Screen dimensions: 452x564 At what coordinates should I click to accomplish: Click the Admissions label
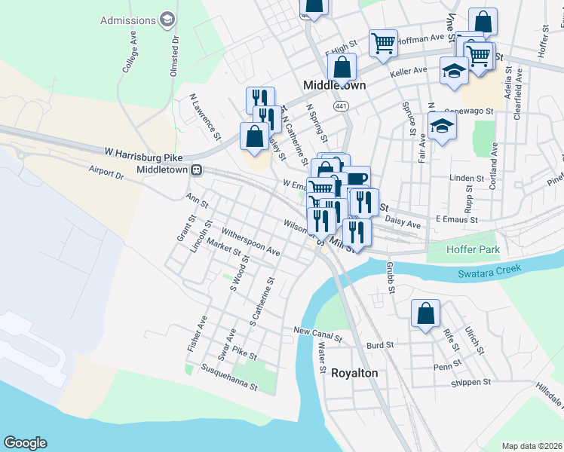[x=127, y=20]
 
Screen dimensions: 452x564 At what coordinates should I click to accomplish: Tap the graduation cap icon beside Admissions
[x=167, y=20]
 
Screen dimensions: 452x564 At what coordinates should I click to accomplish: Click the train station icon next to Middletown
[x=196, y=170]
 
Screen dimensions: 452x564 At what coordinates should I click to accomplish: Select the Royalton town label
[x=354, y=373]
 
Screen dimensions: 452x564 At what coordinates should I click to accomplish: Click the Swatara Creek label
[x=490, y=274]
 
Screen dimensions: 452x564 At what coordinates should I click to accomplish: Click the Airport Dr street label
[x=106, y=171]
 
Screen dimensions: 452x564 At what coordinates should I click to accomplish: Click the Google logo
[x=25, y=443]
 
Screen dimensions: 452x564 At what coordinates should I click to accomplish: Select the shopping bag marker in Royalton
[x=425, y=313]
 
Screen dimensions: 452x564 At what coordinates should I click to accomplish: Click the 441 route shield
[x=342, y=106]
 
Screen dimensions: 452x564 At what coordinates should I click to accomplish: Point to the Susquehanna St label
[x=230, y=378]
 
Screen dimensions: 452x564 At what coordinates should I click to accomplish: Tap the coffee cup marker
[x=357, y=179]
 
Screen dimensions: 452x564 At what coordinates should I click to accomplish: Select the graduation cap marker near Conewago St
[x=442, y=126]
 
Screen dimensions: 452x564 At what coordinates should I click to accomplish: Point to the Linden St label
[x=466, y=179]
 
